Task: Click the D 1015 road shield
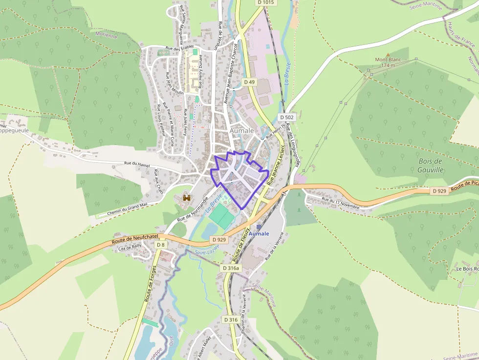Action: click(x=266, y=2)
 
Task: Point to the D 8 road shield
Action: click(x=160, y=244)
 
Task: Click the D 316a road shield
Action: click(x=231, y=268)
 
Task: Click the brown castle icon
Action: click(x=186, y=197)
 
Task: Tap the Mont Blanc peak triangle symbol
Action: click(x=388, y=55)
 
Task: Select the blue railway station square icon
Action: click(x=259, y=227)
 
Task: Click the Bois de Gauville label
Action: click(x=431, y=165)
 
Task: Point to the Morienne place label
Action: click(x=107, y=36)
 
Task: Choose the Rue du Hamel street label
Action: click(x=137, y=164)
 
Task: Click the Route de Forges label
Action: click(x=152, y=283)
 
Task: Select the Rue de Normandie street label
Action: click(x=193, y=211)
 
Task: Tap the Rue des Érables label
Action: click(x=180, y=47)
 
